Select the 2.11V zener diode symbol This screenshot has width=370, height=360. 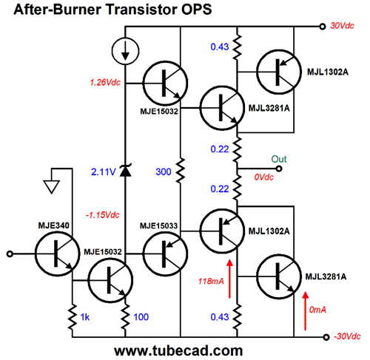[x=125, y=170]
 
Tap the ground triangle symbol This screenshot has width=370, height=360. [x=52, y=187]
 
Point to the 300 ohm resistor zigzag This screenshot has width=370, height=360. [x=181, y=171]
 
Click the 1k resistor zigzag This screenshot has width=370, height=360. [x=73, y=317]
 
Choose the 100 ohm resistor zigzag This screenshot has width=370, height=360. [x=125, y=317]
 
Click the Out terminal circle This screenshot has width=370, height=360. [x=279, y=169]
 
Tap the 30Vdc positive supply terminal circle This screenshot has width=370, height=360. [x=323, y=27]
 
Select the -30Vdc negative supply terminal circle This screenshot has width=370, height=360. [x=326, y=337]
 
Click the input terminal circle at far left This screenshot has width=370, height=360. [x=10, y=254]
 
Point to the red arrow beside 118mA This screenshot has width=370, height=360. [x=229, y=279]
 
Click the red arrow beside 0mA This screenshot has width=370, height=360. [x=306, y=311]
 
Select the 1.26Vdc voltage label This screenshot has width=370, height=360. [x=105, y=82]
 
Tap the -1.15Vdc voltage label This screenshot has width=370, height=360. [x=102, y=215]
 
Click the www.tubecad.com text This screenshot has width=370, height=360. [x=178, y=350]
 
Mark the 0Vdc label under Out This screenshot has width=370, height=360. [x=263, y=177]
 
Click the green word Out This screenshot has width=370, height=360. [x=279, y=159]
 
